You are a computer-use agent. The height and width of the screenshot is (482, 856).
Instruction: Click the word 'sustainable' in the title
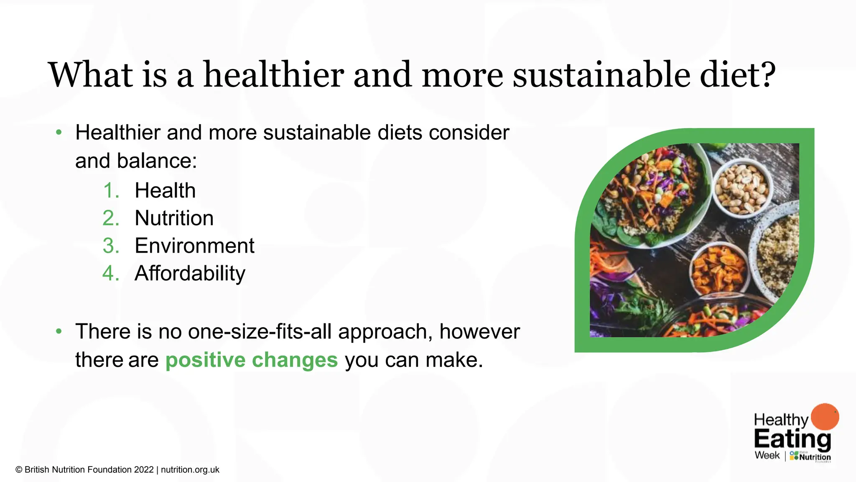pos(601,75)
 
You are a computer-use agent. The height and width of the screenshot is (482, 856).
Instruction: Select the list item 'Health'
pos(165,191)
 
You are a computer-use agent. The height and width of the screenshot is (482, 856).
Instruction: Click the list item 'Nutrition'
pos(174,218)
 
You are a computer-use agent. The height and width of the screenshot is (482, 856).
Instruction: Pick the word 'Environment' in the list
pos(194,246)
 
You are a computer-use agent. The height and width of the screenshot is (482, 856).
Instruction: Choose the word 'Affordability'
pos(190,274)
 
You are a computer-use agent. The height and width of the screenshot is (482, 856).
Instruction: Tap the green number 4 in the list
pos(110,274)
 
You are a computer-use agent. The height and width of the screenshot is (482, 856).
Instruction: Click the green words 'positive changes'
pos(251,360)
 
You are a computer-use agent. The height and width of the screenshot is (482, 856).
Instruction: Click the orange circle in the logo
pos(825,416)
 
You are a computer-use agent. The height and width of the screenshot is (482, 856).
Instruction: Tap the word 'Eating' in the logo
pos(792,439)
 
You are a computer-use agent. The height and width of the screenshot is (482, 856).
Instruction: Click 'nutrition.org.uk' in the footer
pos(190,470)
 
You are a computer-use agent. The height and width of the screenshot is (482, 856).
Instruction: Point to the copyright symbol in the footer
pos(19,470)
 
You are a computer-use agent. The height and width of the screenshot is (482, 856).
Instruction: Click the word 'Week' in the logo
pos(767,455)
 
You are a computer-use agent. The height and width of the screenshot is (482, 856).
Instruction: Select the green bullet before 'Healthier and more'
pos(59,133)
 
